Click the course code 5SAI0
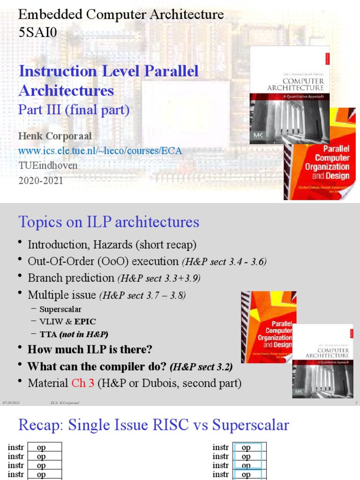[37, 32]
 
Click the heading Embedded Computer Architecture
[120, 15]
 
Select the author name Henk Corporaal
[55, 136]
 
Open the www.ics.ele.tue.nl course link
[100, 151]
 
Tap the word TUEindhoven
[48, 166]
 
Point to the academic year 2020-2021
[40, 181]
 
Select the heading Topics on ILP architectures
[109, 222]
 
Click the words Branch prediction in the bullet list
[71, 278]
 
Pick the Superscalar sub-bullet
[60, 309]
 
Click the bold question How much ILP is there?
[90, 350]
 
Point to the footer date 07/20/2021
[11, 403]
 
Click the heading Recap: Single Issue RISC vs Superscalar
[153, 425]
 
